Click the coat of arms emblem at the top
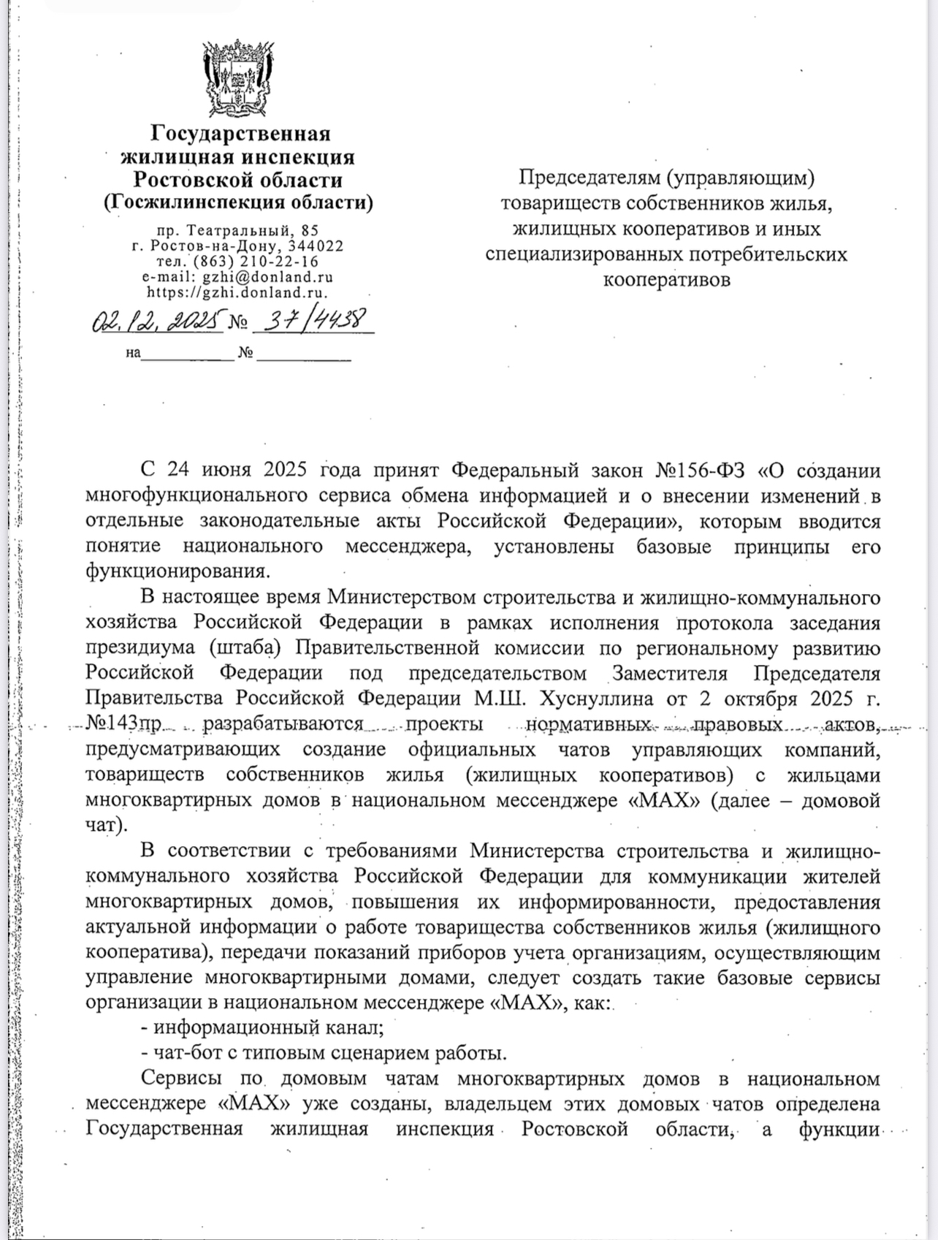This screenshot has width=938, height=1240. pos(238,78)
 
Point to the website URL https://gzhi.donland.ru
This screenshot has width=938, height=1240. pos(237,292)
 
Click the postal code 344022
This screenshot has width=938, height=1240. pos(316,246)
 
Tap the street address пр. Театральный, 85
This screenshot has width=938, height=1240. pos(237,230)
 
